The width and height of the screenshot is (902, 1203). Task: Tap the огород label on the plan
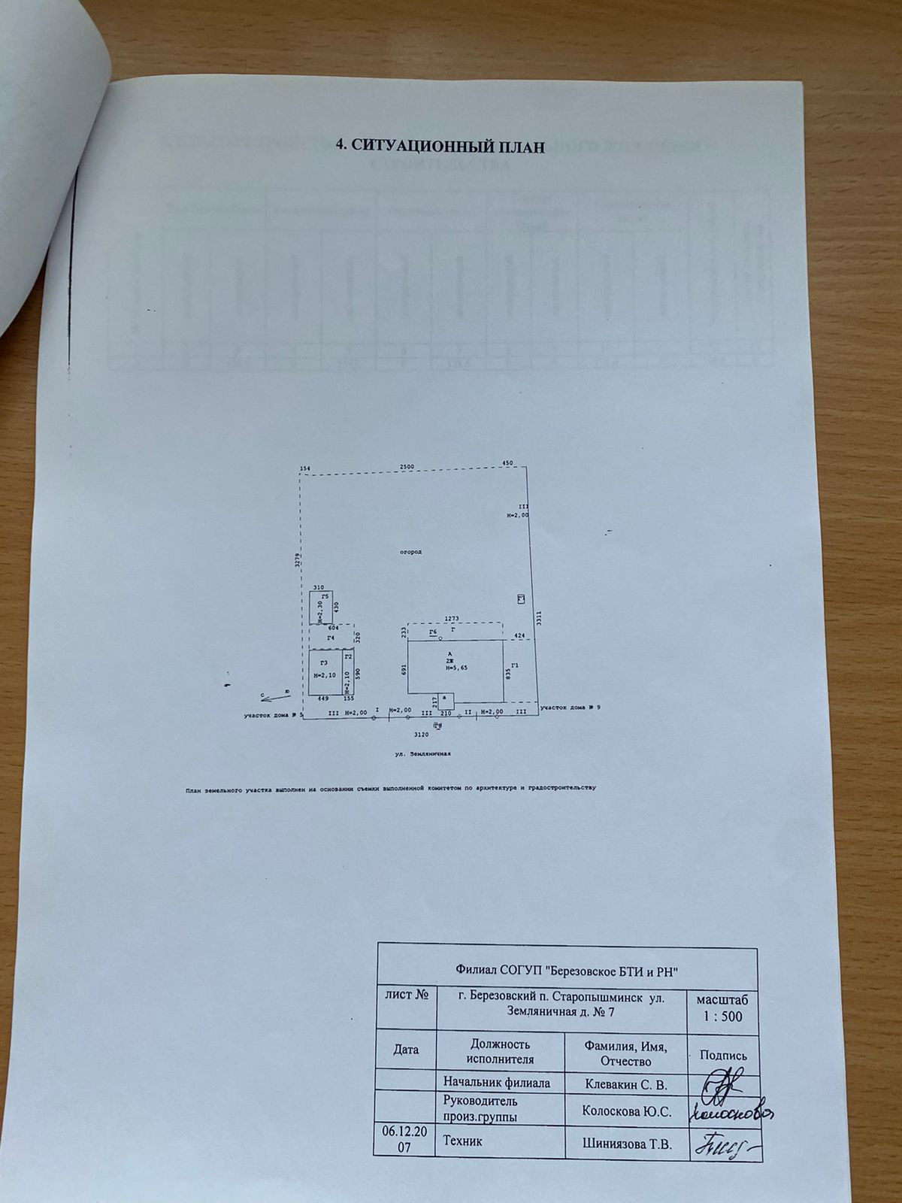coord(411,551)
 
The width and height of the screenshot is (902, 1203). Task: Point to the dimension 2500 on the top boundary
coord(407,467)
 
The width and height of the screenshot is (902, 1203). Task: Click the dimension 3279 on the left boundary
coord(298,559)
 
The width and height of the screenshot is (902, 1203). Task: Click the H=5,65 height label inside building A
coord(456,667)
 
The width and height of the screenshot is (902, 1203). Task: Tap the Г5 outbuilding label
coord(325,596)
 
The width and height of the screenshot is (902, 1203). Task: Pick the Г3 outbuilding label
coord(323,662)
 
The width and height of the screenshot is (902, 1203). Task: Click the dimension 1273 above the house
coord(451,619)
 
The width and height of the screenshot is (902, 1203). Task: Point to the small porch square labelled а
coord(446,698)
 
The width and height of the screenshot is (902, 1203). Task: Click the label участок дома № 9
coord(570,707)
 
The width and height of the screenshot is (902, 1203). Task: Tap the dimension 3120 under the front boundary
coord(422,733)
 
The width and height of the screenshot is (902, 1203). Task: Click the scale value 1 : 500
coord(722,1017)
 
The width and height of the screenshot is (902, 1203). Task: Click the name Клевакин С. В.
coord(625,1083)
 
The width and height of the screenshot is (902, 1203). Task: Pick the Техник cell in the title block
coord(463,1141)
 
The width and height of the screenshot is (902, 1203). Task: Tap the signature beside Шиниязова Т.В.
coord(725,1146)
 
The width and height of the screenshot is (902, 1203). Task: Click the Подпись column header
coord(723,1055)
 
